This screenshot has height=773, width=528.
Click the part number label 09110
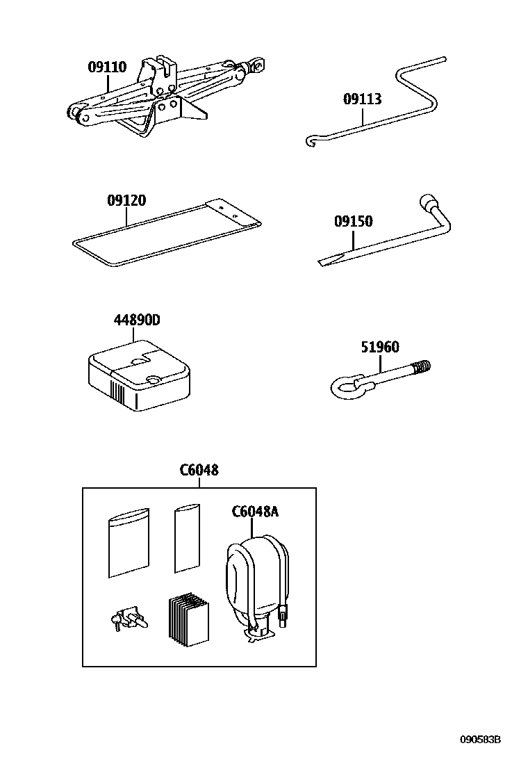tap(107, 67)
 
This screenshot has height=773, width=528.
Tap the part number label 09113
tap(362, 99)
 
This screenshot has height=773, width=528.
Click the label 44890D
tap(137, 320)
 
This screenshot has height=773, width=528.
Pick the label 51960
tap(379, 348)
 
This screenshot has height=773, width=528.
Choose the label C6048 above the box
tap(199, 470)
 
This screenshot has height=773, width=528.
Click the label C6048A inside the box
tap(254, 512)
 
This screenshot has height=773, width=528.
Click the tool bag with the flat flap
tap(167, 233)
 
